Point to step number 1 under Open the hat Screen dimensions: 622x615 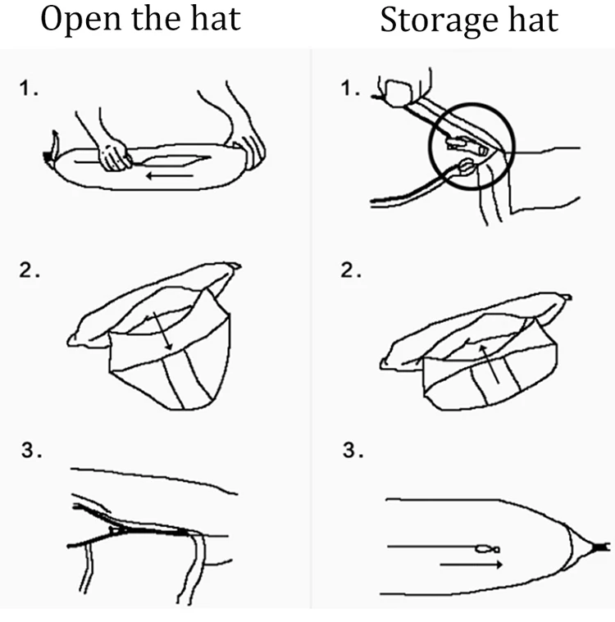coord(30,91)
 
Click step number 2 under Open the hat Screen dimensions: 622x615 coord(30,271)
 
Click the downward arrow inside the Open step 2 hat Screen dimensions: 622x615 coord(165,332)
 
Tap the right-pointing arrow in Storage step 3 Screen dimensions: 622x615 coord(467,565)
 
